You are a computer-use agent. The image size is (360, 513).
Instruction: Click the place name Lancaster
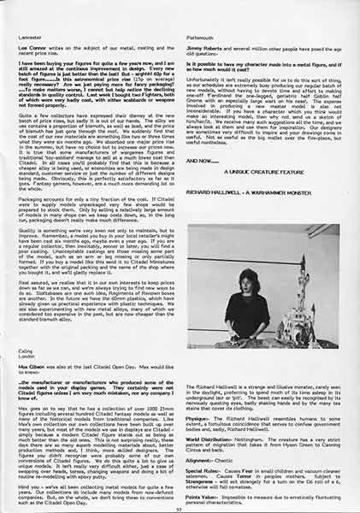(x=30, y=16)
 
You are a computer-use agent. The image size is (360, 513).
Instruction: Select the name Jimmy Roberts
(x=204, y=29)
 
